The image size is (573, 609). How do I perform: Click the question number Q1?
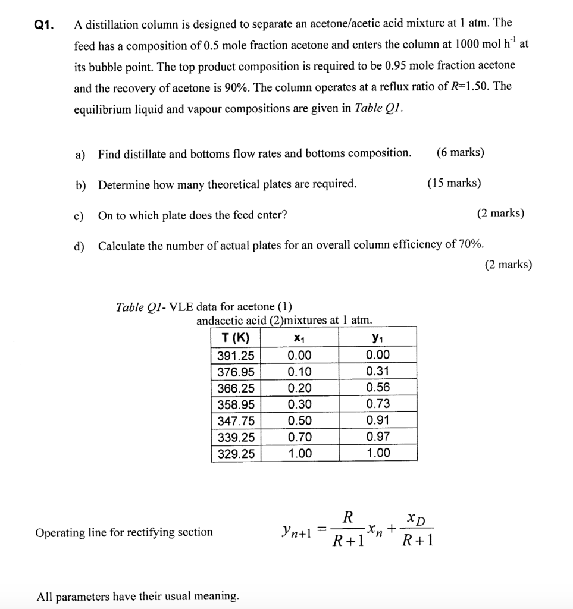[44, 25]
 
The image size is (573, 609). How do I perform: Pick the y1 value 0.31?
[378, 372]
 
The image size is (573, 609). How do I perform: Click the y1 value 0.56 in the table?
[378, 388]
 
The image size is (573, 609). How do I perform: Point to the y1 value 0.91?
[378, 420]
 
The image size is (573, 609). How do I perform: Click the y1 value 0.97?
[378, 437]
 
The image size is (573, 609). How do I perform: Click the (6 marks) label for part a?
[460, 153]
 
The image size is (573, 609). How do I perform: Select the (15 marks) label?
[454, 183]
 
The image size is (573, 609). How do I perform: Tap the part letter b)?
[80, 184]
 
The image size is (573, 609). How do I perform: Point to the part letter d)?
[80, 246]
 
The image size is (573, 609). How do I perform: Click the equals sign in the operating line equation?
[321, 528]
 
